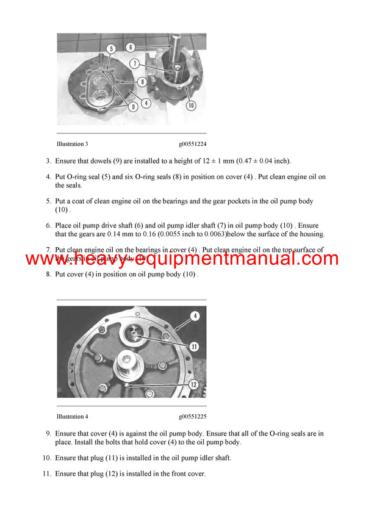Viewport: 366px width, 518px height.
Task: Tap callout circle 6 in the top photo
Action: [x=131, y=46]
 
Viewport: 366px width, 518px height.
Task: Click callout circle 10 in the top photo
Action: [x=191, y=105]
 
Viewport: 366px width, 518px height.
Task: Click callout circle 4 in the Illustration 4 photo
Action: [x=195, y=315]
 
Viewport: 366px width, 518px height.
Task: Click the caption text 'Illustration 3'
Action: [x=72, y=144]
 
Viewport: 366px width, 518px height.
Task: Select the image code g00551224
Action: [x=192, y=144]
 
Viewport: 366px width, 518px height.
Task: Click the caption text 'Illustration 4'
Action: [x=72, y=416]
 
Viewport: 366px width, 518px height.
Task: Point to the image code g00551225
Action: [x=192, y=416]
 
